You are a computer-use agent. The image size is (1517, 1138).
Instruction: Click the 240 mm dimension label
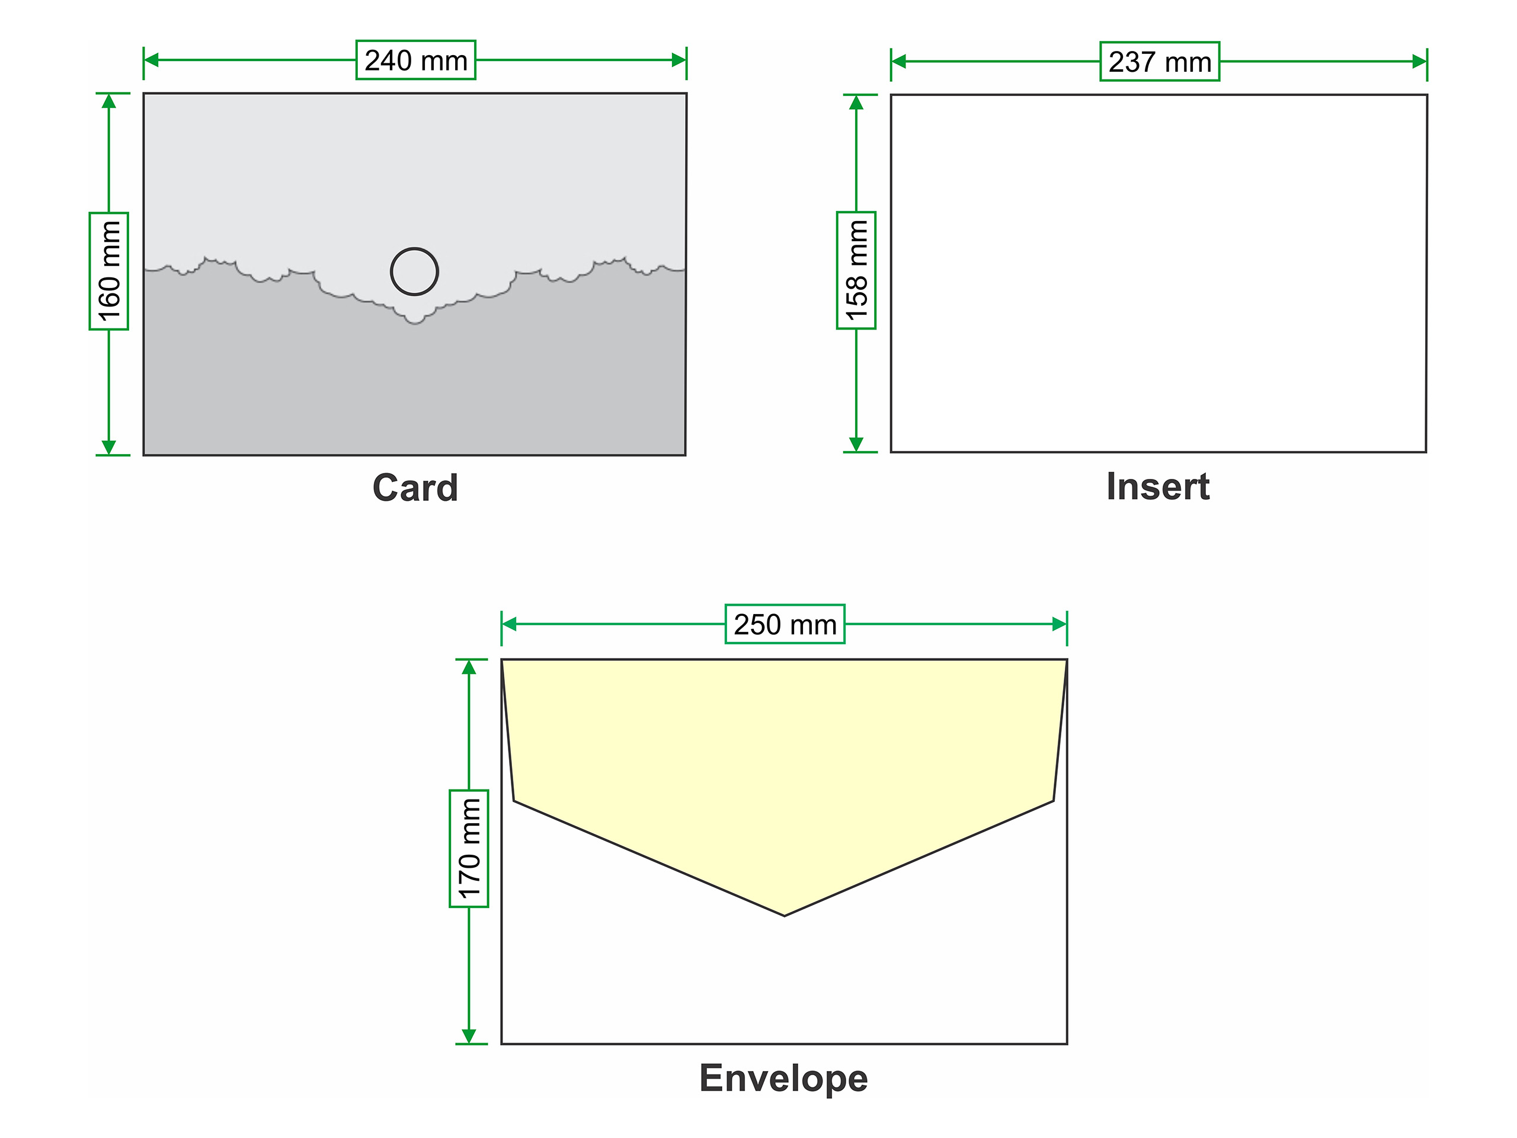(415, 60)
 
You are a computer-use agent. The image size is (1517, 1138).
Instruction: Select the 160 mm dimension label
(109, 271)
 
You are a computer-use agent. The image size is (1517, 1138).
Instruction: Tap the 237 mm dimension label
(1160, 62)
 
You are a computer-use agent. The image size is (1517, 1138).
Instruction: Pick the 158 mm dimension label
(856, 270)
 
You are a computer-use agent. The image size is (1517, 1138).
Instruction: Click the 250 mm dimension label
(785, 624)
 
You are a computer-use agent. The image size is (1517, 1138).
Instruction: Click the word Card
(415, 488)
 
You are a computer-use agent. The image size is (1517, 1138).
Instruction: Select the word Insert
(1158, 487)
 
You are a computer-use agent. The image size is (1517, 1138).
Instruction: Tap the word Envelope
(783, 1078)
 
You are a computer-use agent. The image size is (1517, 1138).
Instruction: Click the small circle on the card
(414, 271)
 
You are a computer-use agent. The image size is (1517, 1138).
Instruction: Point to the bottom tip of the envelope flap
(785, 915)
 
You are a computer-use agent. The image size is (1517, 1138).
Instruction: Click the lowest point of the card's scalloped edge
(414, 323)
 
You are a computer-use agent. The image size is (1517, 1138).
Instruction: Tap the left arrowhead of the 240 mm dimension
(152, 60)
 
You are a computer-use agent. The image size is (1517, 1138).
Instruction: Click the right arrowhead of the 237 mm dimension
(1419, 62)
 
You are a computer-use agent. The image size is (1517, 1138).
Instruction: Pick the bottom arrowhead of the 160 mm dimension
(109, 447)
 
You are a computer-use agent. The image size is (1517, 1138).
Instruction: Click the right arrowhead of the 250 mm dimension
(1060, 624)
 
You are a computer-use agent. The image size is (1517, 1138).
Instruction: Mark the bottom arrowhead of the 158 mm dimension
(856, 444)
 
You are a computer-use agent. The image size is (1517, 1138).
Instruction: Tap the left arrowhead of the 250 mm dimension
(510, 624)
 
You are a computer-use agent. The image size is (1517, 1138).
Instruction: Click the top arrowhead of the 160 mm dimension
(109, 101)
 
